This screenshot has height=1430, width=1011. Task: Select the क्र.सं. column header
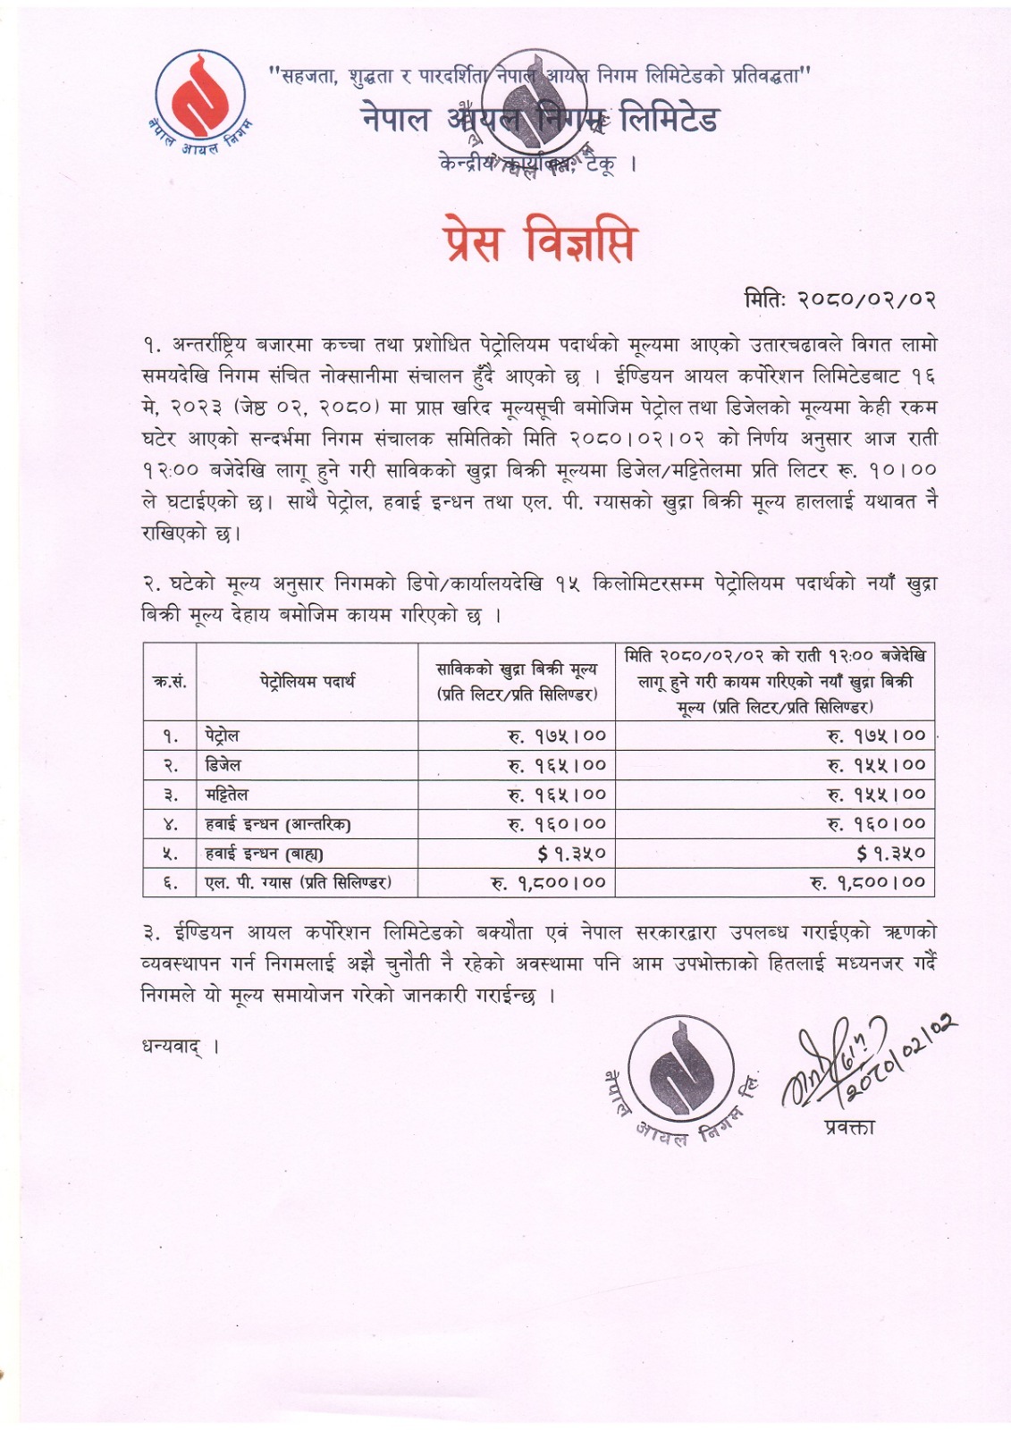(170, 681)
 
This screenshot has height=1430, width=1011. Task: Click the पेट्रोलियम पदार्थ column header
(308, 681)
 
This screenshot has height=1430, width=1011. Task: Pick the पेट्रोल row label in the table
(221, 736)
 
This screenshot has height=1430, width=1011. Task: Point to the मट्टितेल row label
(227, 795)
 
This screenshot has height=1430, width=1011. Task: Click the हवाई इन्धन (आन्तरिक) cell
(277, 824)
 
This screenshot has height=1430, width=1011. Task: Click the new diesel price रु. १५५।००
(876, 765)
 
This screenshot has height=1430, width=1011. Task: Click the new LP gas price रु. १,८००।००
(867, 883)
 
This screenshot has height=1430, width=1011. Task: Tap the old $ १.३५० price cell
(572, 854)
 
